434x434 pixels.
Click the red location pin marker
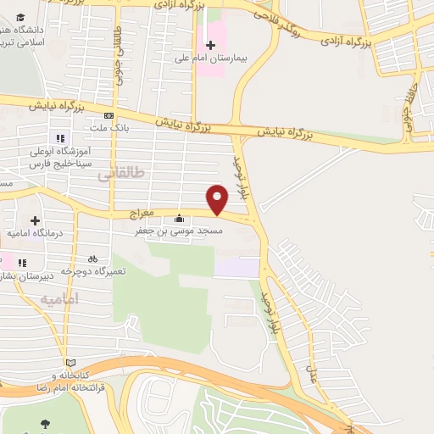219,199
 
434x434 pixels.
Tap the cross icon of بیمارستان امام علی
210,44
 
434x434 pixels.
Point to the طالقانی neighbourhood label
121,172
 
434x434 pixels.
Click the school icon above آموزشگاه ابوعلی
59,138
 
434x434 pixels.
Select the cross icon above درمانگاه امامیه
35,220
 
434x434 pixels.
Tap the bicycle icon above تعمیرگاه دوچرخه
92,259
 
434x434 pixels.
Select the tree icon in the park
43,425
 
